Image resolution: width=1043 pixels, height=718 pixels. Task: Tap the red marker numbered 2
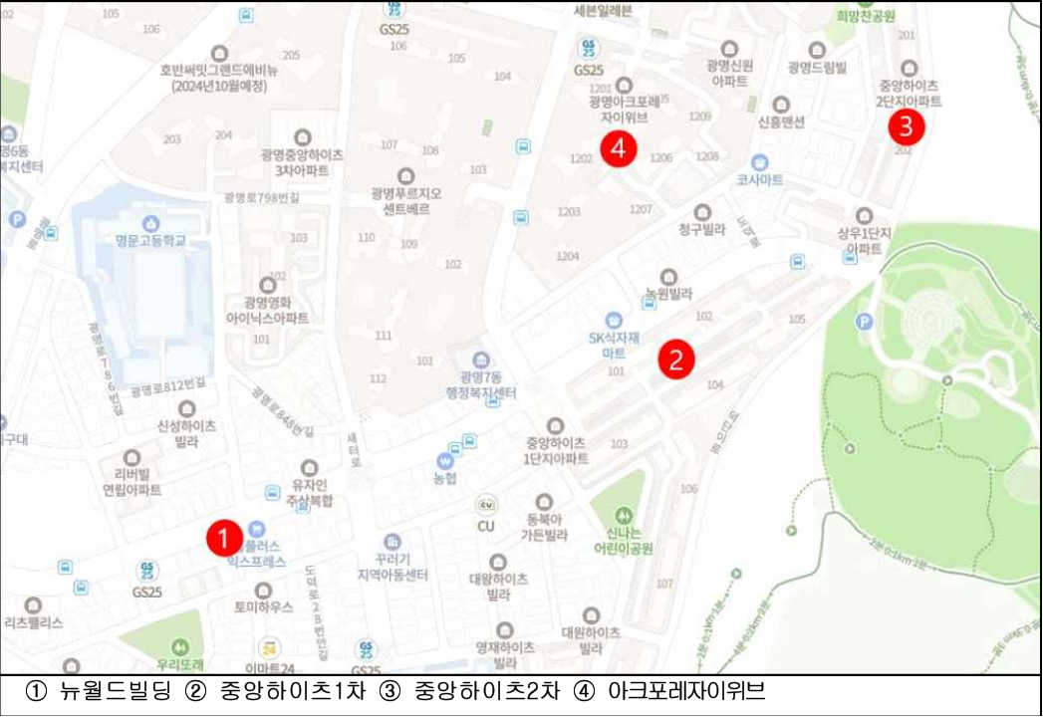click(x=676, y=359)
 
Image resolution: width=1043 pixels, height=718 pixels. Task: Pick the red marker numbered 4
click(x=619, y=149)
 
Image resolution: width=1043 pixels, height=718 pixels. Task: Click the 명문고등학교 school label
click(x=150, y=240)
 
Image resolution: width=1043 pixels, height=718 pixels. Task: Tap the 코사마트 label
click(x=760, y=179)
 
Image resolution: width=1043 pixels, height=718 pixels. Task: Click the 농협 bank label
click(x=445, y=478)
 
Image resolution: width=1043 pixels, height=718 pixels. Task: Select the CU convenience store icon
click(x=486, y=505)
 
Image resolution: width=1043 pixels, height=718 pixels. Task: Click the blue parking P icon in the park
click(x=865, y=322)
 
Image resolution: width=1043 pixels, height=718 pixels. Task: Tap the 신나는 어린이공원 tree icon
click(x=624, y=516)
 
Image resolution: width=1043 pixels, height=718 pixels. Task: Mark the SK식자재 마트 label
click(x=613, y=344)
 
